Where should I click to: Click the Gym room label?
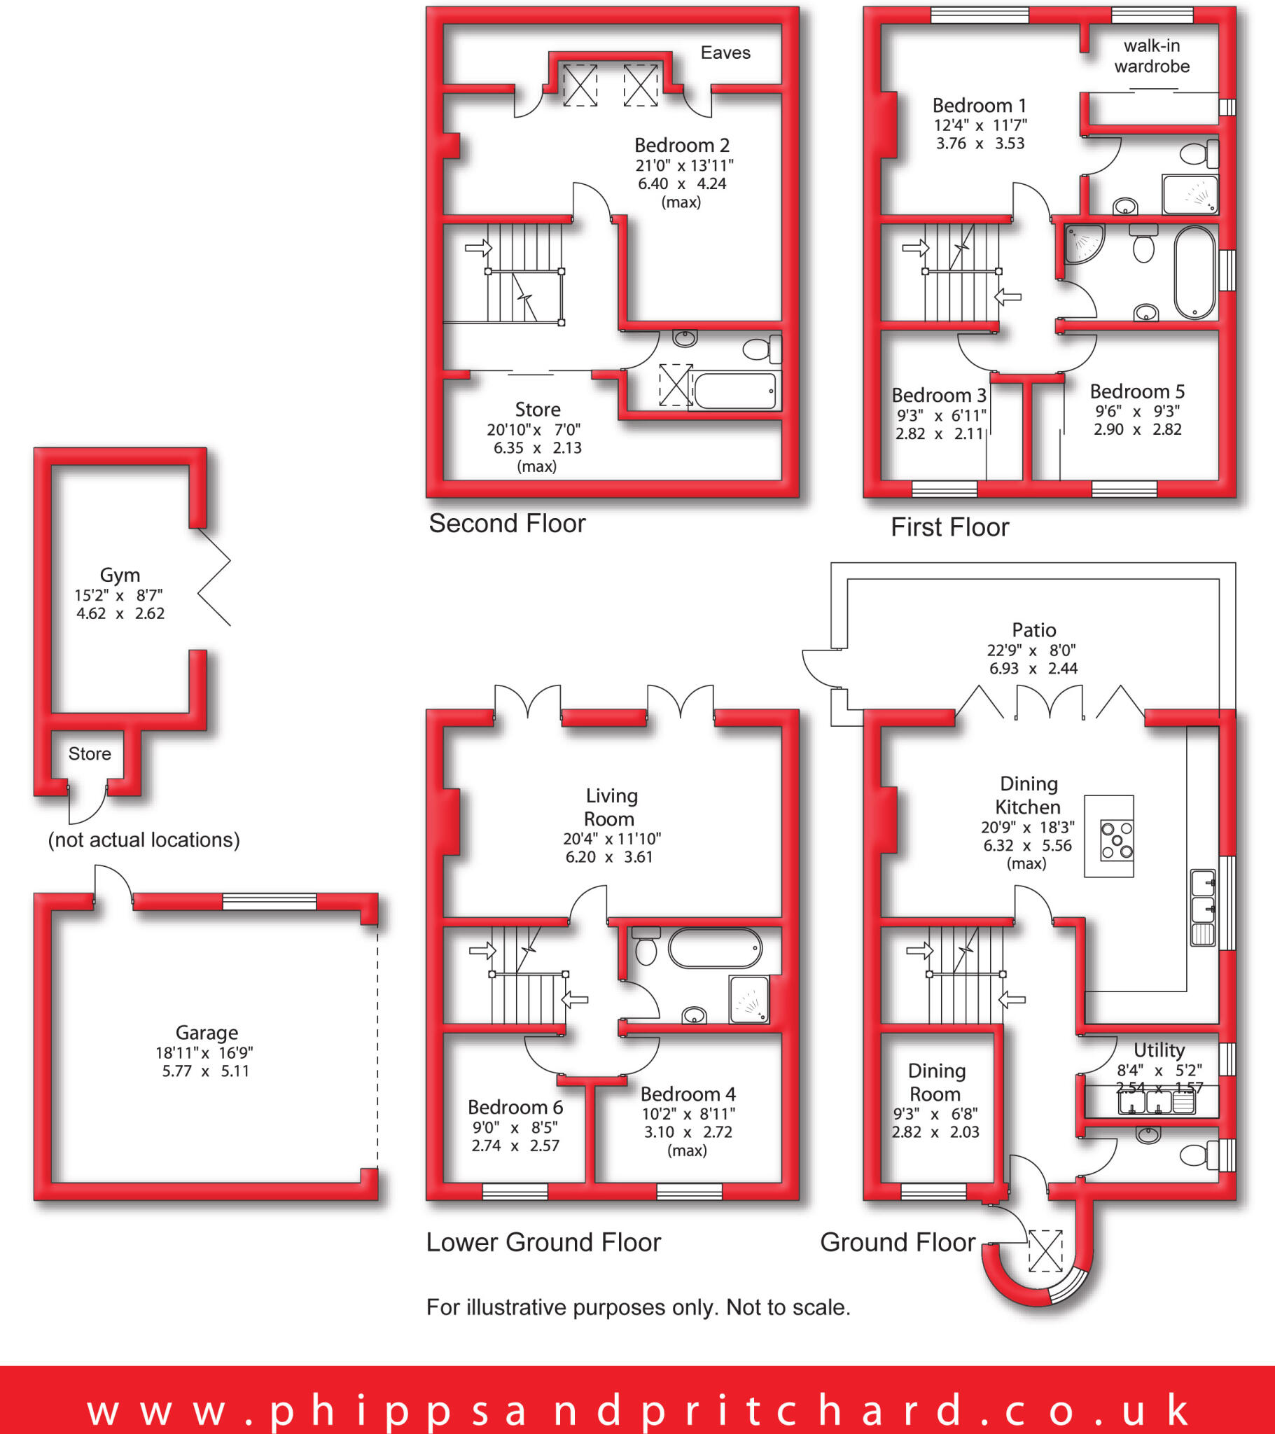point(120,575)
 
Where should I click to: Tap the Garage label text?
point(207,1032)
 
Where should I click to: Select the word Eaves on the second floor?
point(725,53)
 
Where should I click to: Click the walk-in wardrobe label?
point(1152,56)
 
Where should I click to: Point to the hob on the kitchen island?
point(1116,840)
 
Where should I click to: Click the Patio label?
point(1033,629)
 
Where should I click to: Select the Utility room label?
point(1159,1050)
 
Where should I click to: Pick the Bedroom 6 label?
point(515,1106)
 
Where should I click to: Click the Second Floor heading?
point(507,523)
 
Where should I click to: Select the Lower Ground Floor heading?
point(543,1241)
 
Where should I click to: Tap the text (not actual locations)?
point(144,840)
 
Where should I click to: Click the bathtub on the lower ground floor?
point(714,948)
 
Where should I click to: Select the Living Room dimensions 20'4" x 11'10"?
point(611,838)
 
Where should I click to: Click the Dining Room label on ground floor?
point(936,1082)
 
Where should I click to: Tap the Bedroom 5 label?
point(1137,391)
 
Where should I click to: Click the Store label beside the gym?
point(89,753)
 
